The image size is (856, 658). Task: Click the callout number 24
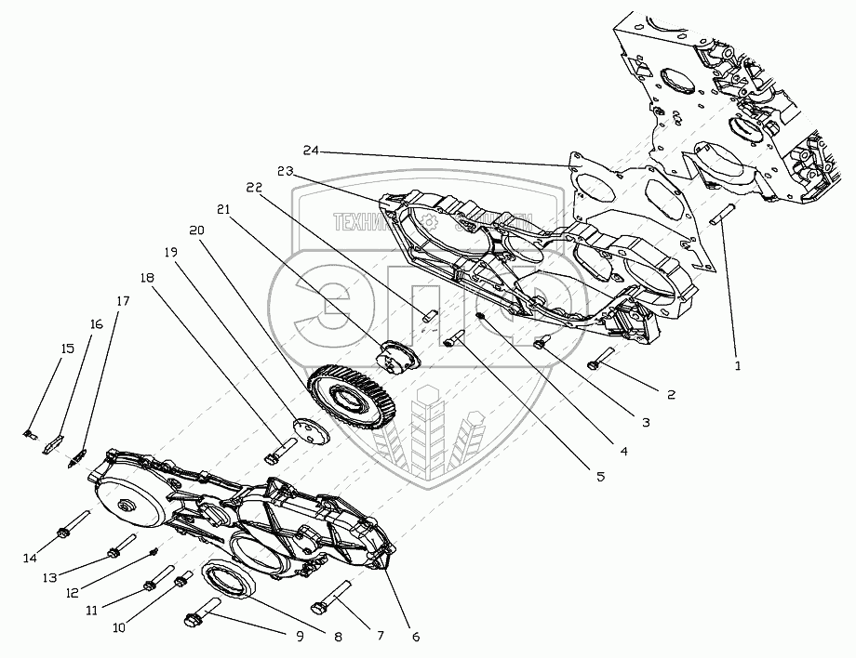point(310,151)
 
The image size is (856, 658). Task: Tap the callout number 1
point(737,365)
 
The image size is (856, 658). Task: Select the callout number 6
point(415,637)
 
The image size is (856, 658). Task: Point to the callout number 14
point(30,558)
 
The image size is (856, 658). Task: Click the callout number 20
point(195,230)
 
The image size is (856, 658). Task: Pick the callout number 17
point(123,301)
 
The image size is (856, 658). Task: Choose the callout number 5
point(600,476)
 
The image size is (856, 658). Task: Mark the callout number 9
point(299,638)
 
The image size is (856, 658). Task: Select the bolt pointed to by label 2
point(601,358)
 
